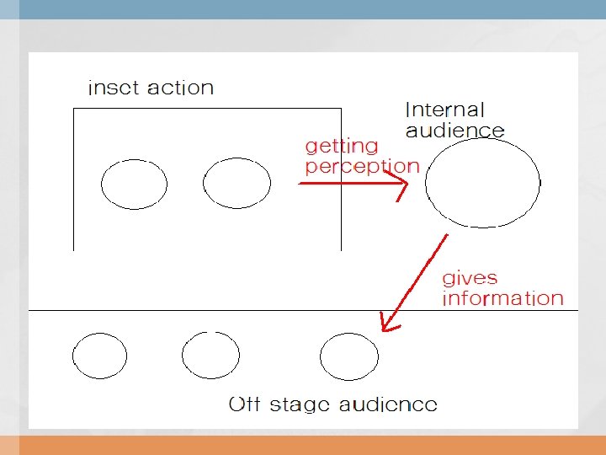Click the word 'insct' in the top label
[x=114, y=88]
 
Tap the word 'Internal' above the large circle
[x=444, y=110]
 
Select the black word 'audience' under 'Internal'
[x=454, y=130]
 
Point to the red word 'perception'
[x=361, y=167]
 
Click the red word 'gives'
[x=470, y=278]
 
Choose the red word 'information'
[x=502, y=298]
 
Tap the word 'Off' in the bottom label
[x=244, y=404]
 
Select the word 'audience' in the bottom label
[x=387, y=404]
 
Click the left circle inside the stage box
[x=134, y=184]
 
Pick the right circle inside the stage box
[x=237, y=184]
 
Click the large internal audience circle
[x=482, y=182]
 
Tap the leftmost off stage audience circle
[x=99, y=356]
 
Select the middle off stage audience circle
[x=210, y=356]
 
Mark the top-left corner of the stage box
[x=74, y=108]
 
